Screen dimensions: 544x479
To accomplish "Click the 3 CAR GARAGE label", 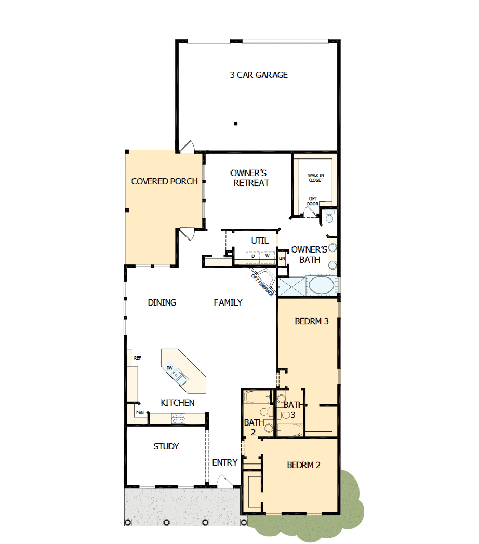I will [259, 75].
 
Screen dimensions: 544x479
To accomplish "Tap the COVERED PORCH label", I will [164, 181].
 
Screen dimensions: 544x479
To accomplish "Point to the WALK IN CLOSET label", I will [315, 178].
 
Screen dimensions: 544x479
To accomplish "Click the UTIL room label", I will [260, 241].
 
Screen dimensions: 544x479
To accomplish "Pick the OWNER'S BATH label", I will [310, 255].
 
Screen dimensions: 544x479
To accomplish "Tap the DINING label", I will [162, 302].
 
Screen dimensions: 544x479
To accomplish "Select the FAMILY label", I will [228, 302].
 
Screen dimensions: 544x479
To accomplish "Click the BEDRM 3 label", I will [312, 321].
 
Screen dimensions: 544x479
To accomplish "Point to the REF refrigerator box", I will [137, 358].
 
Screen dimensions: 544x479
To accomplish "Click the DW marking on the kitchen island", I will [170, 368].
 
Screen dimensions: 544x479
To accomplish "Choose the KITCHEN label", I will [178, 403].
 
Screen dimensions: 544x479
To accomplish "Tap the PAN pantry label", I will [140, 413].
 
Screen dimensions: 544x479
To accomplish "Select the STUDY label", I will [166, 446].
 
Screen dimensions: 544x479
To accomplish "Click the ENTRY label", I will [225, 462].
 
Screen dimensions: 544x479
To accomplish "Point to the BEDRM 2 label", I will [303, 465].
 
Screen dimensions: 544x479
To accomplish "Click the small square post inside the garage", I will [235, 124].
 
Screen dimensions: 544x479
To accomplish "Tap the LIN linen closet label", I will [282, 258].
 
